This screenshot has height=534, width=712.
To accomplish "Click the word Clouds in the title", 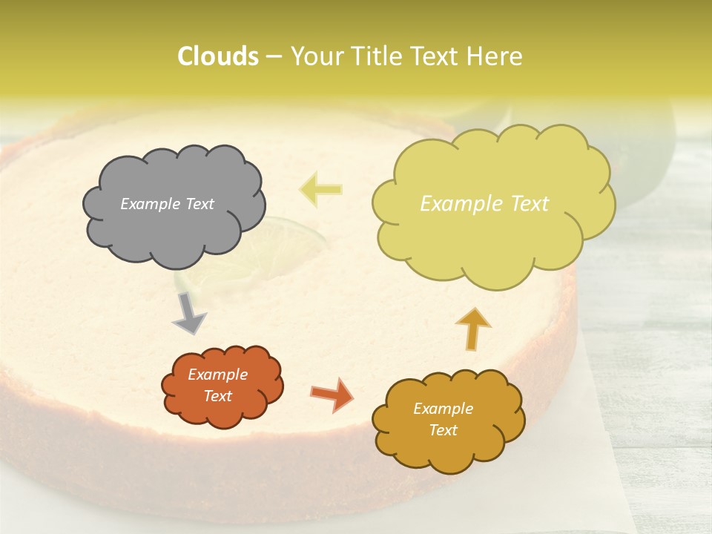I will (x=217, y=56).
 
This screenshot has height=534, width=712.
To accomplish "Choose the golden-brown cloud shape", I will (x=448, y=452).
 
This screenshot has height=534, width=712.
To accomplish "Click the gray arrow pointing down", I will (x=189, y=312).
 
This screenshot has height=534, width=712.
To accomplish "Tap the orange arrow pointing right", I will (x=332, y=394).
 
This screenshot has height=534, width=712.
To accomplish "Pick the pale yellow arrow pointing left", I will (x=320, y=189).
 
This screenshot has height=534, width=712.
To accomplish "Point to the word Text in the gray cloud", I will (x=199, y=204).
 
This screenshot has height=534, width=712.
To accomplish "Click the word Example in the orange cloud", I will (x=218, y=375).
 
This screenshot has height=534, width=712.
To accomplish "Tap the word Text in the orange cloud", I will (x=218, y=396).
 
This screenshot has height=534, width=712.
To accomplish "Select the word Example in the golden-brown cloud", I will (x=443, y=409).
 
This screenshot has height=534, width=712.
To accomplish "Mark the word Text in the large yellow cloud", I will (x=530, y=204).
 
